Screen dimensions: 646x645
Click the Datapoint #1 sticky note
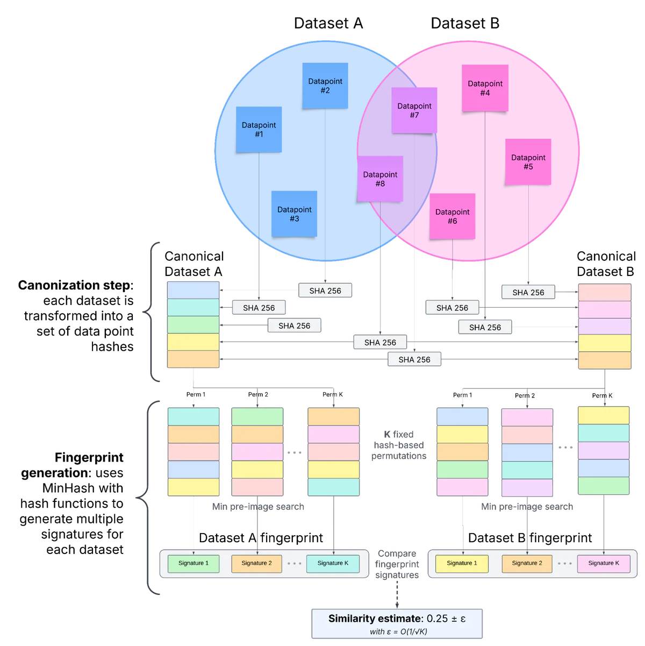pos(259,129)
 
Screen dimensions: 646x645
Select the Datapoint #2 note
pos(325,86)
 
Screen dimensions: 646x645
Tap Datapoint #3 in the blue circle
pos(294,214)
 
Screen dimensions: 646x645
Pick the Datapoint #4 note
pos(485,88)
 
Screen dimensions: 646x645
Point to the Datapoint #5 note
pos(528,162)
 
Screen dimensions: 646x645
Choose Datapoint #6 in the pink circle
pos(452,216)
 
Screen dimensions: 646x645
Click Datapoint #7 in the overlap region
pos(414,110)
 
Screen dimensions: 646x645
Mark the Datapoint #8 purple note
pos(380,179)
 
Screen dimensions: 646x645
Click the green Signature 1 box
pos(193,563)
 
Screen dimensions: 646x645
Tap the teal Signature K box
pos(333,563)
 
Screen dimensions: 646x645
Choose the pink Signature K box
pos(603,563)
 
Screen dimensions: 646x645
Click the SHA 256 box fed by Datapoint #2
pos(325,290)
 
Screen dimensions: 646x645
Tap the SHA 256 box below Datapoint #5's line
pos(528,293)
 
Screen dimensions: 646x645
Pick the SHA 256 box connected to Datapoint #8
pos(380,342)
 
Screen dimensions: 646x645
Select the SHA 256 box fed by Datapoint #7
pos(414,359)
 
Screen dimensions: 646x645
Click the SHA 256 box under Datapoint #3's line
pos(294,325)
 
